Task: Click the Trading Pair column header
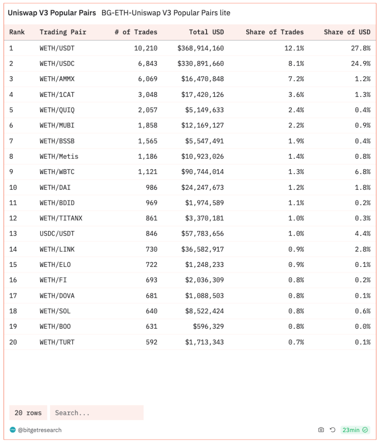(63, 32)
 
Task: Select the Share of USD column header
(347, 32)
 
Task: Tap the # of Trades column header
(136, 32)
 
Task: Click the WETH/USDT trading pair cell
(57, 48)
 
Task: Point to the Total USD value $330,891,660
(200, 64)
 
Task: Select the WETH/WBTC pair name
(57, 172)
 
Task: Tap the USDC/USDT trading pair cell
(57, 234)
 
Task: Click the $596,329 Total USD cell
(208, 327)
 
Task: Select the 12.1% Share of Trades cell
(294, 48)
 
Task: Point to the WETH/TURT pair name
(57, 342)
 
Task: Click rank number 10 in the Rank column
(13, 188)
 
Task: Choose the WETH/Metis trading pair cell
(59, 157)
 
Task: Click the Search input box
(96, 413)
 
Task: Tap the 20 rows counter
(28, 413)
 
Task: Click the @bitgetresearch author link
(39, 430)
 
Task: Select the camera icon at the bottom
(321, 430)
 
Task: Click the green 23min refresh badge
(355, 430)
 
